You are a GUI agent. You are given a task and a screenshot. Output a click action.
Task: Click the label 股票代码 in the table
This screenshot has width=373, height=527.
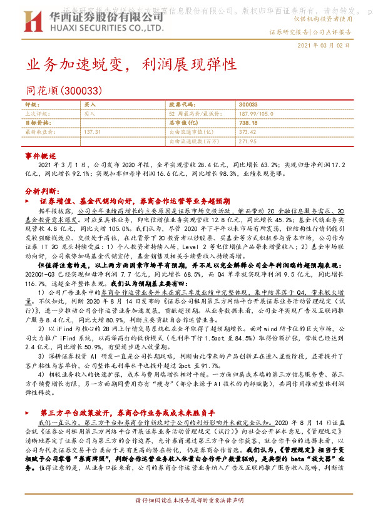tap(182, 105)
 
